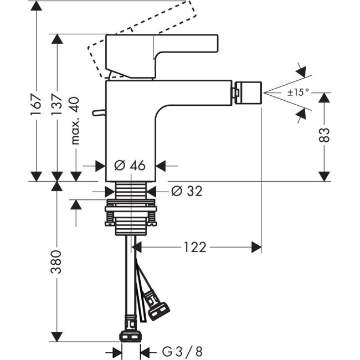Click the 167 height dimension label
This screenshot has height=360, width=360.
pos(35,104)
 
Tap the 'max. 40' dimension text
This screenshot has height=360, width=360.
pos(75,120)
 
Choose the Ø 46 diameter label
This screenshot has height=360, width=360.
pos(130,165)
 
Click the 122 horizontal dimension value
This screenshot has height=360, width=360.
pos(194,247)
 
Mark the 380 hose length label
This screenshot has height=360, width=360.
pos(56,261)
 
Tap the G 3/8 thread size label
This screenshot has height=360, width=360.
pos(182,351)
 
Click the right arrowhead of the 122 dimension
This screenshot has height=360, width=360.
pos(256,247)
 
